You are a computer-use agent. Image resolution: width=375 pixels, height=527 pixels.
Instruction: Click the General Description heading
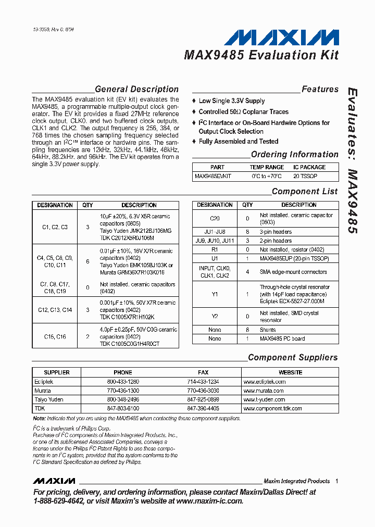tap(136, 90)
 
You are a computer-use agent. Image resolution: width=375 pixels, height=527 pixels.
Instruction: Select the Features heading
tap(320, 90)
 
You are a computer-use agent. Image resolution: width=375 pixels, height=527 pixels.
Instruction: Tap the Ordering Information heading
tap(294, 155)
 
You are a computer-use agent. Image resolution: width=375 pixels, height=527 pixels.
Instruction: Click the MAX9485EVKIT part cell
tap(213, 177)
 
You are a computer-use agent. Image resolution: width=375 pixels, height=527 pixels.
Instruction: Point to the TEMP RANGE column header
tap(267, 167)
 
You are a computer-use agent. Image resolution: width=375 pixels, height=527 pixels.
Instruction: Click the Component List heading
tap(305, 192)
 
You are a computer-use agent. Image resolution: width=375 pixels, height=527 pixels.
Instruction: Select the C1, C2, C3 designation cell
tap(55, 227)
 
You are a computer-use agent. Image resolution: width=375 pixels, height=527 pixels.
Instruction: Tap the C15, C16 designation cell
tap(55, 336)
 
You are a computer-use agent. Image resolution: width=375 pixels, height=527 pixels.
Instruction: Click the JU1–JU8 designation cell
tap(215, 232)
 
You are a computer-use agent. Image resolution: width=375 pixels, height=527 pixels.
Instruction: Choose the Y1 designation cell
tap(215, 294)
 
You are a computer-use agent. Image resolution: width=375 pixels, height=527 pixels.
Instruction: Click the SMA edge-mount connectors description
tap(293, 272)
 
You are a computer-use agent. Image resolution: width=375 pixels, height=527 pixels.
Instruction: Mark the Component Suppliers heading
tap(293, 358)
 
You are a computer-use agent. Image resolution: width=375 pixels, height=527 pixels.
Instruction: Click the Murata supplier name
tap(43, 391)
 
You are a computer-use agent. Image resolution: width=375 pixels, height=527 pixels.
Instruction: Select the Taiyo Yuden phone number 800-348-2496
tap(123, 399)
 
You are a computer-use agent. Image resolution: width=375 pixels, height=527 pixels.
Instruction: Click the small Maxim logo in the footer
tap(54, 481)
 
